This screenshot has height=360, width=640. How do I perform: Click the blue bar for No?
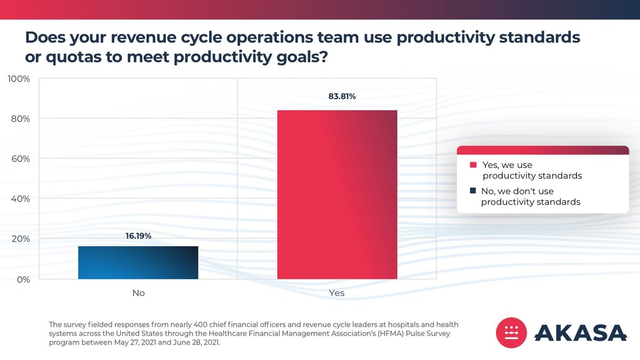point(138,262)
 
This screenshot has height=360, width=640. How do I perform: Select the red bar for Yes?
point(337,195)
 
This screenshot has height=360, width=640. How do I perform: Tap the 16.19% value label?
point(138,235)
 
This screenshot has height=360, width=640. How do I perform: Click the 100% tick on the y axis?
point(19,79)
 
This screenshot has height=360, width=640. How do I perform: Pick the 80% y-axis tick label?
point(20,118)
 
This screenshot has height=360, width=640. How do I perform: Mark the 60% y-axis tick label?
point(20,158)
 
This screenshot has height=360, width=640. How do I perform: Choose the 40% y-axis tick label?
point(20,198)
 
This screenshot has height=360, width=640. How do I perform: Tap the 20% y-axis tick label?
point(20,238)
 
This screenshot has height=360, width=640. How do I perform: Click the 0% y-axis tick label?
point(23,279)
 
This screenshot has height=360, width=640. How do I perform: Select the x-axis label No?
point(138,293)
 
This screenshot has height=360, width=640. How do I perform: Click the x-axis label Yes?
point(337,293)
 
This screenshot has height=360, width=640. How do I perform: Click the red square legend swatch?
point(473,165)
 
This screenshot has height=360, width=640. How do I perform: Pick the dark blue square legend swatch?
point(473,191)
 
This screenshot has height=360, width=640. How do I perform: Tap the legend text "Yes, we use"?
point(507,165)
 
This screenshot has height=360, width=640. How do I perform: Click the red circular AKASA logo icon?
point(511,333)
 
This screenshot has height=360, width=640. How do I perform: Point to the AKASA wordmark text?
point(580,333)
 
